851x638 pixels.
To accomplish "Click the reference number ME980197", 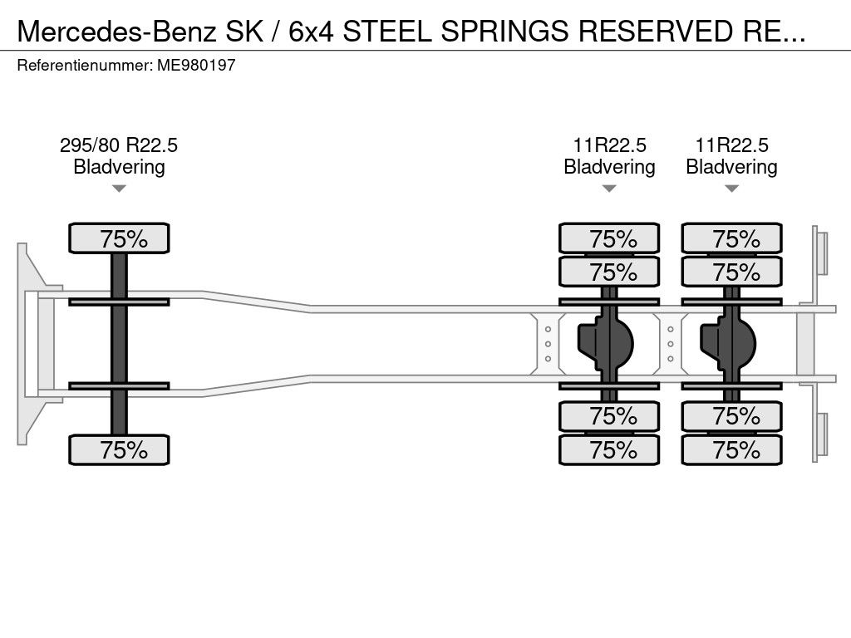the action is [196, 66].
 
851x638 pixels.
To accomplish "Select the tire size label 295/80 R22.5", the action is [119, 145].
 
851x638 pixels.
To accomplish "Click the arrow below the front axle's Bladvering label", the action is [119, 189].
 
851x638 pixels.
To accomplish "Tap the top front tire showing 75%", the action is [119, 238].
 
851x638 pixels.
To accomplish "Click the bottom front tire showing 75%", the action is [119, 449].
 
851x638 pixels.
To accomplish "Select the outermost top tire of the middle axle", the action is [609, 238].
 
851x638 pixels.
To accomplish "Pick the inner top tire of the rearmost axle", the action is [731, 272].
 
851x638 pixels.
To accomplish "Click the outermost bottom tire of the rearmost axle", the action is [731, 449].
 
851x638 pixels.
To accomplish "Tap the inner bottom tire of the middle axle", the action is [609, 416].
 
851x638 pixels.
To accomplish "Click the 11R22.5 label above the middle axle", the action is [609, 145].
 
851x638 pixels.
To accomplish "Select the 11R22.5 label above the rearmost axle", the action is [731, 145].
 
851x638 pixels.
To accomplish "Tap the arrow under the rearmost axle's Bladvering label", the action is [731, 189].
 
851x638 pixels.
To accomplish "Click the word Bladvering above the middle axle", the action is [609, 166].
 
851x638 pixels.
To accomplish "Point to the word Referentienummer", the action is [85, 66].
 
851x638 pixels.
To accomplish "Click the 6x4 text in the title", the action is [311, 32].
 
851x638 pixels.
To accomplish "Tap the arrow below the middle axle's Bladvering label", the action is [609, 189].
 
